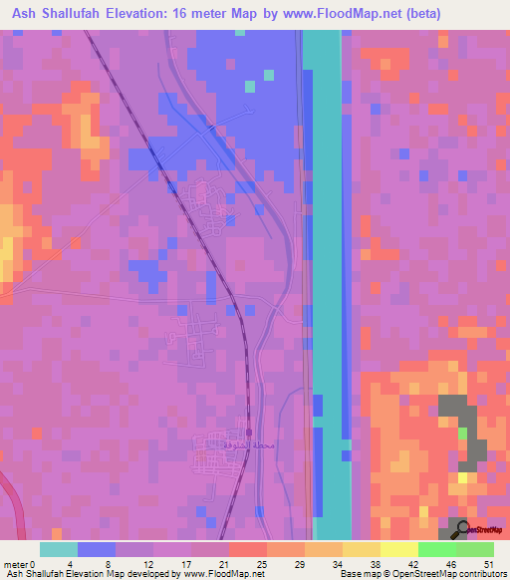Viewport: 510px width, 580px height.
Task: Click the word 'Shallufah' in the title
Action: click(97, 14)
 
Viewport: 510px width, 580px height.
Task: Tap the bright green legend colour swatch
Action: click(437, 549)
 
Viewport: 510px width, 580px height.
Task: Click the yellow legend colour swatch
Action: click(399, 549)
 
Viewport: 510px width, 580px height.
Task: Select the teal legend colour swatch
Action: click(59, 549)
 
